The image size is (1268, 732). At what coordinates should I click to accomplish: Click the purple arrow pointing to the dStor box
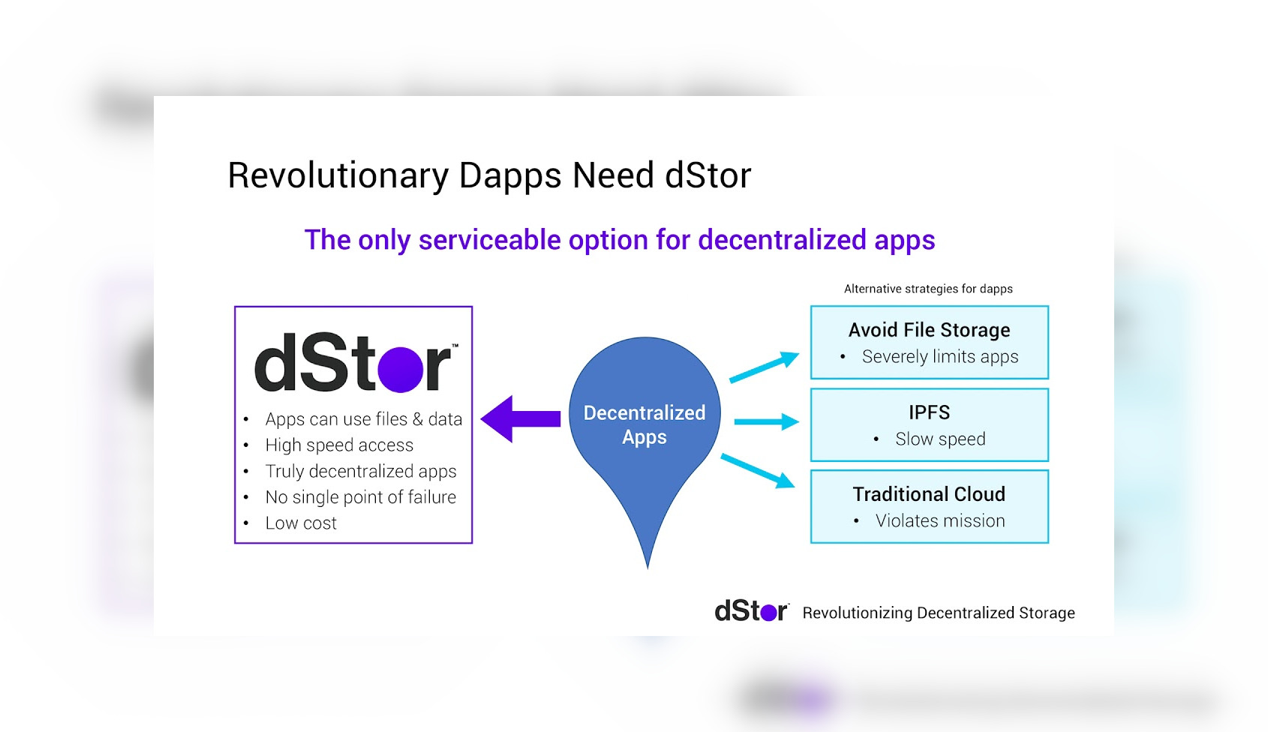pos(521,418)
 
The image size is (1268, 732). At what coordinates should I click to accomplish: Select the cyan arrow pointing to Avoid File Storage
pos(765,367)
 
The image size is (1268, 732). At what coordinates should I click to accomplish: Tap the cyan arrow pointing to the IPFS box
pos(767,421)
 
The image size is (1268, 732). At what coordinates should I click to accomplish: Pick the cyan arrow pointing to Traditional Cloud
pos(758,471)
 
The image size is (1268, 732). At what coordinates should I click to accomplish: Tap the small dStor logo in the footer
pos(752,611)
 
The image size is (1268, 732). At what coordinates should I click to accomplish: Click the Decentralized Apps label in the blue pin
pos(645,424)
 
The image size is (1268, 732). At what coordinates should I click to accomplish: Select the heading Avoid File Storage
pos(929,330)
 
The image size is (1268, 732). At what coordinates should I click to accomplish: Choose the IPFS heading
pos(929,412)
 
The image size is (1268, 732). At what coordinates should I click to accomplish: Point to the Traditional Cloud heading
pos(929,494)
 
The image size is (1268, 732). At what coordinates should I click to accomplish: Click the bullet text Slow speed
pos(940,439)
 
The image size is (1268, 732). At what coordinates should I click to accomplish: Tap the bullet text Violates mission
pos(940,520)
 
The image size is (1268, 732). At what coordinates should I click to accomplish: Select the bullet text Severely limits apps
pos(940,357)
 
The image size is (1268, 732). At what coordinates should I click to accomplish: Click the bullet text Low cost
pos(301,523)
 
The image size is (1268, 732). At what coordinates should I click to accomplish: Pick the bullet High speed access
pos(340,445)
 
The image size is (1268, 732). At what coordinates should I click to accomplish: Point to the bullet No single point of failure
pos(361,497)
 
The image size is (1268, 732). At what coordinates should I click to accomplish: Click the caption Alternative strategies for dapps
pos(928,289)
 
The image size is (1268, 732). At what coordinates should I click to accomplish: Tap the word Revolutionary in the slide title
pos(338,175)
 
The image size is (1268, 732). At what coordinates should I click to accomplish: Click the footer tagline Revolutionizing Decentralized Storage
pos(939,613)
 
